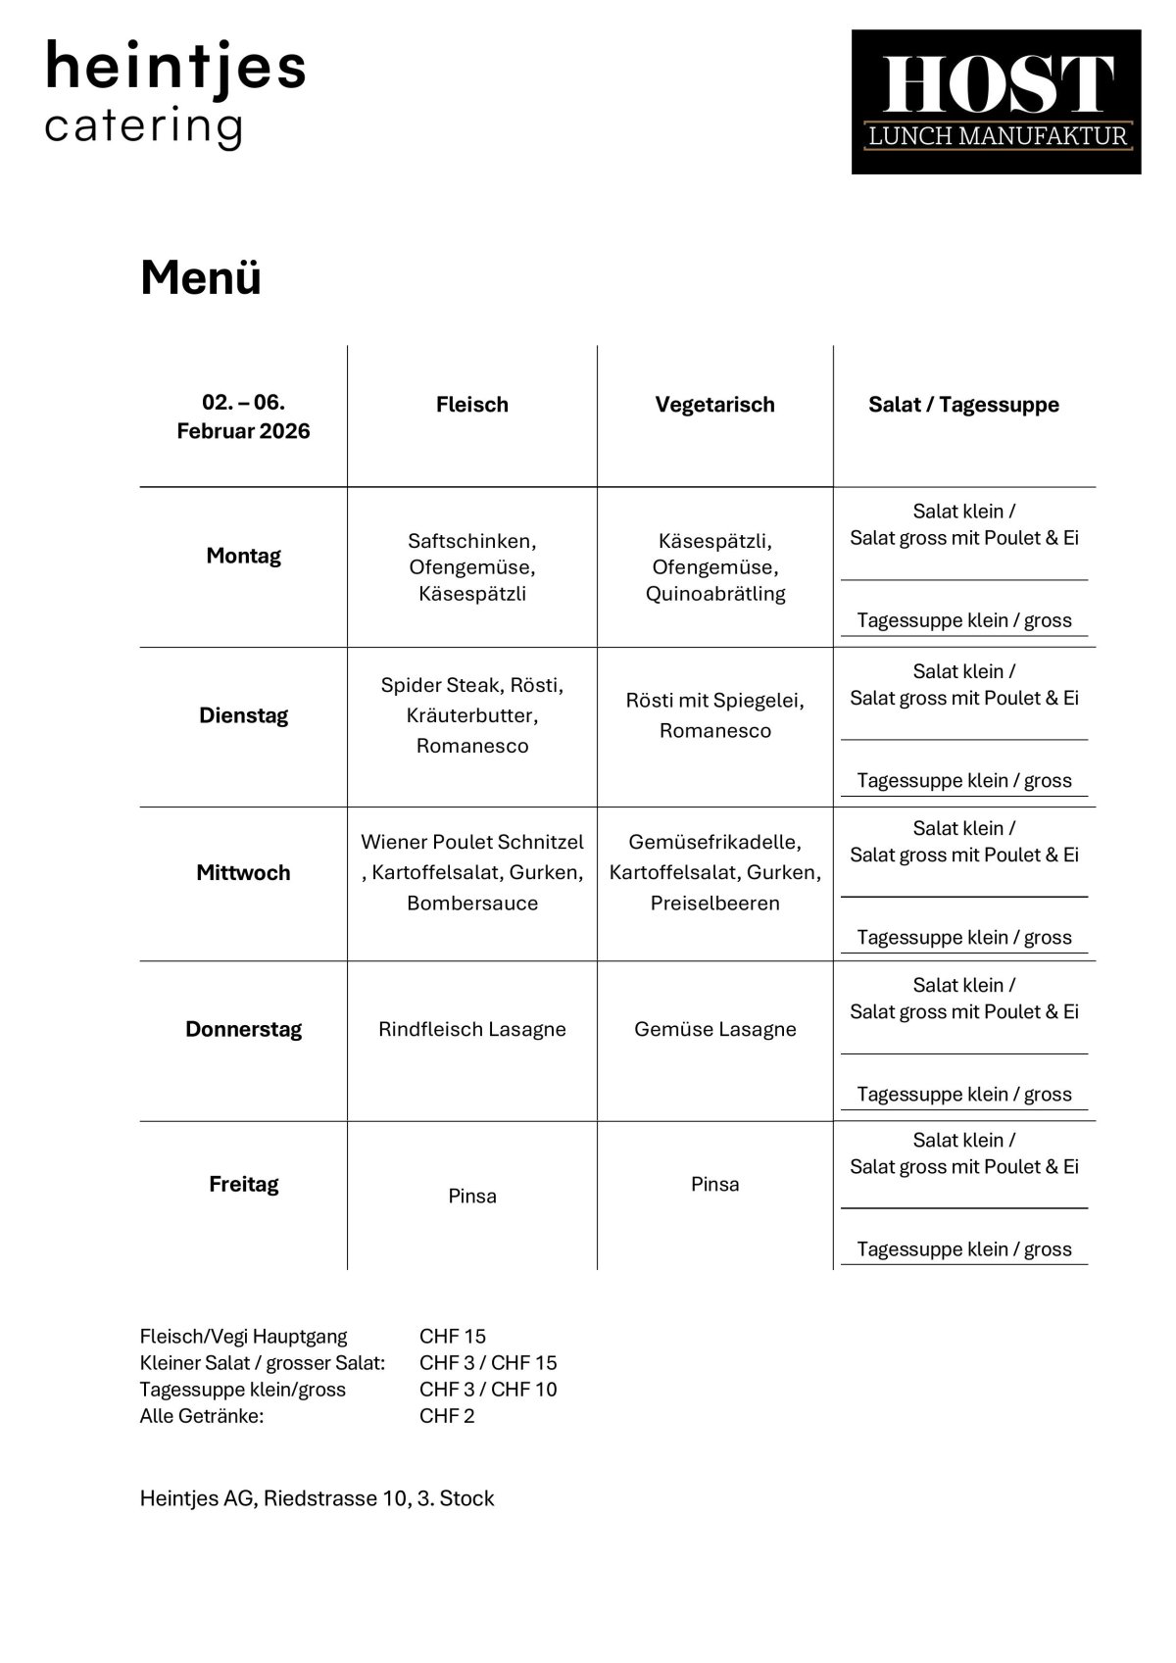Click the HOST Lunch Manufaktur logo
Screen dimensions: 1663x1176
pos(996,102)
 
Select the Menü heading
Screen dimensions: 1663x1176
pos(201,277)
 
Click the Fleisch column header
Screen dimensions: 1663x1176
pos(472,405)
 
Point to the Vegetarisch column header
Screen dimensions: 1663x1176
pos(714,405)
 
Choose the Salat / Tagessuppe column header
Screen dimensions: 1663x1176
pos(963,405)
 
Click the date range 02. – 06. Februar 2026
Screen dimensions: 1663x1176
pos(243,416)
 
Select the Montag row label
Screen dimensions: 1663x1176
pos(243,556)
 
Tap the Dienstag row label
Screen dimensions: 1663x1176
pos(243,715)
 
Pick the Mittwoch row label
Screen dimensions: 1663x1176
pos(243,873)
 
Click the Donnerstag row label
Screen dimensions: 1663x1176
pos(243,1030)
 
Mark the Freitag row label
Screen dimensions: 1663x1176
pos(243,1185)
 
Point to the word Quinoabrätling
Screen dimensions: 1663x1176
pos(715,594)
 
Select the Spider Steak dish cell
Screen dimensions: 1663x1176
pos(472,715)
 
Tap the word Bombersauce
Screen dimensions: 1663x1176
pos(472,904)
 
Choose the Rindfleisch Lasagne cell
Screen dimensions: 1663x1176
pos(472,1030)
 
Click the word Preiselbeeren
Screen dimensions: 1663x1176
pos(715,904)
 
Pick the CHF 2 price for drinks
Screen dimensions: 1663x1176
pos(447,1416)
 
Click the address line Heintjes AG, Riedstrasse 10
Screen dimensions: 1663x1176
pos(317,1498)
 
